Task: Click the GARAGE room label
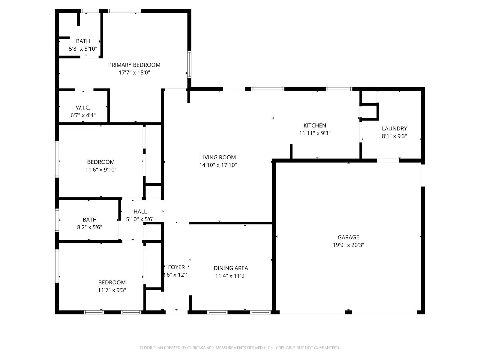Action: tap(348, 237)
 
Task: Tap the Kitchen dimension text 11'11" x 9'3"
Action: tap(315, 133)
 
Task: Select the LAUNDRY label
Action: tap(394, 128)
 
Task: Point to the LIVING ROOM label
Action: tap(218, 157)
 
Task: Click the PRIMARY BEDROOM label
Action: tap(134, 65)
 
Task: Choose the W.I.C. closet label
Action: tap(83, 107)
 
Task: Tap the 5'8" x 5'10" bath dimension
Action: tap(83, 49)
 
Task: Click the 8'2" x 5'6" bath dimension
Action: tap(89, 227)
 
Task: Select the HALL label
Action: tap(140, 211)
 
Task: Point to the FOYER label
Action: tap(176, 267)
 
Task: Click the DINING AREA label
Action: tap(231, 268)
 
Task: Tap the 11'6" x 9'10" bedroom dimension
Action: tap(101, 169)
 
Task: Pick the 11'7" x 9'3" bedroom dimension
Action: tap(112, 290)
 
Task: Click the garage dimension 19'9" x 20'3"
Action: tap(348, 245)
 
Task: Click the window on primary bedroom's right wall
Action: tap(189, 64)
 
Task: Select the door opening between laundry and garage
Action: tap(388, 160)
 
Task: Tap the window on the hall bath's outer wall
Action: tap(57, 220)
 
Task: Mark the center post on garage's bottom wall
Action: tap(348, 312)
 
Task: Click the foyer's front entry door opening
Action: tap(176, 312)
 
